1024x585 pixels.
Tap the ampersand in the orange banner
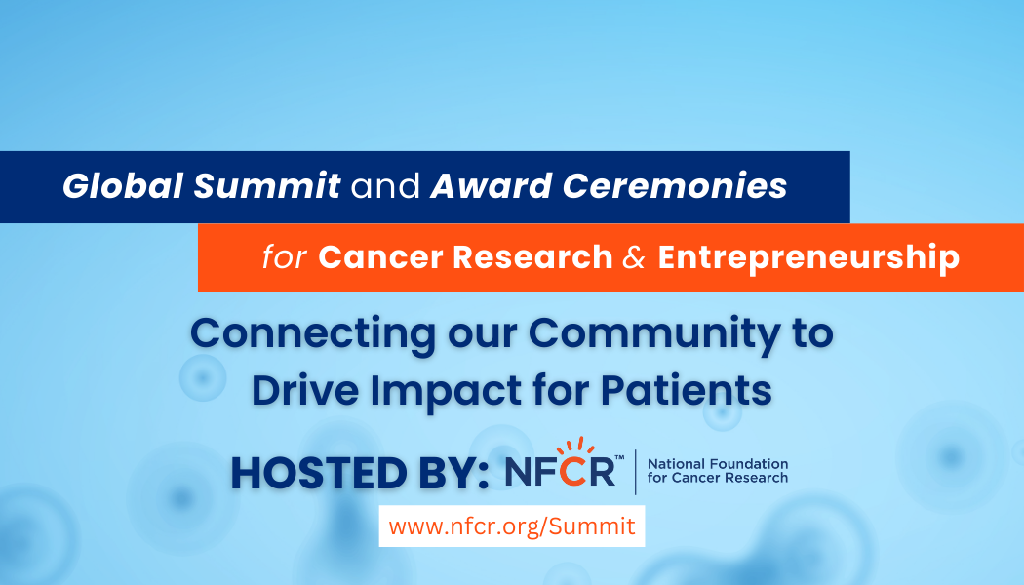click(x=635, y=257)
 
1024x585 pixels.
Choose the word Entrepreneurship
click(x=808, y=257)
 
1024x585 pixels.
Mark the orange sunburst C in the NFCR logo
click(x=577, y=469)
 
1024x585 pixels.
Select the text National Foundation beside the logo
click(x=718, y=464)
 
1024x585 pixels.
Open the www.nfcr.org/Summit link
click(x=512, y=526)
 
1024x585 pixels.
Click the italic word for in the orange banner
click(x=284, y=257)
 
